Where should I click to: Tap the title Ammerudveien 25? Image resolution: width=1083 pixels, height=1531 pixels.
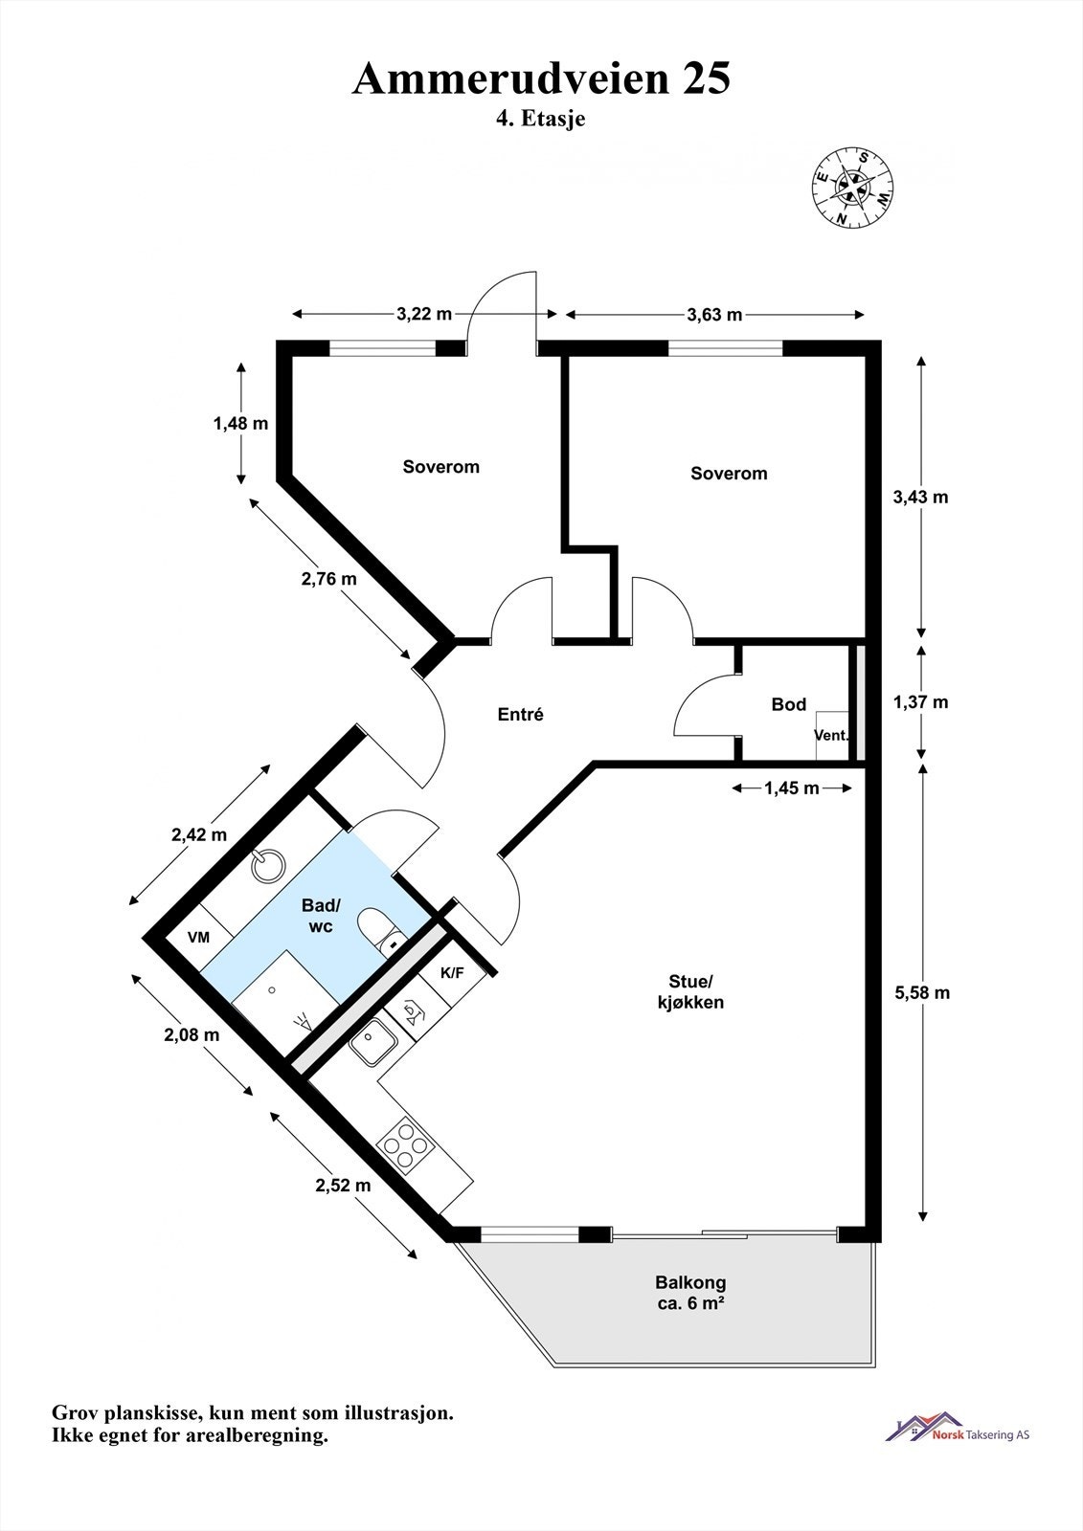pos(541,78)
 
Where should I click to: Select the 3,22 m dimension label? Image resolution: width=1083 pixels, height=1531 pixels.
pos(424,314)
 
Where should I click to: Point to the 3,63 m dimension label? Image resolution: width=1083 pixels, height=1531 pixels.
pos(715,314)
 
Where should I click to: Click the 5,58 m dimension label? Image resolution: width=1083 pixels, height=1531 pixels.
pos(922,992)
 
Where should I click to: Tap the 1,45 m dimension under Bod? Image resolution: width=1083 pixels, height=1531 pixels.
pos(792,788)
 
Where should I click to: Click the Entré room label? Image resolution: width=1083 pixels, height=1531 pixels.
pos(521,714)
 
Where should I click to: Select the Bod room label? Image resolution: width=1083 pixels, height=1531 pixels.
pos(789,704)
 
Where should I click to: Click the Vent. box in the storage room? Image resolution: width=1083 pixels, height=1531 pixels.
pos(830,736)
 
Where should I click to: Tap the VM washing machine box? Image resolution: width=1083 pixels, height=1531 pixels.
pos(198,937)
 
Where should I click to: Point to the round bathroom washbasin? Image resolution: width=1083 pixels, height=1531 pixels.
pos(268,866)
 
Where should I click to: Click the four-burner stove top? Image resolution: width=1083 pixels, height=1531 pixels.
pos(405,1143)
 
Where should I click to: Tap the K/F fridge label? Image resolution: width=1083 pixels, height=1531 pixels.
pos(452,973)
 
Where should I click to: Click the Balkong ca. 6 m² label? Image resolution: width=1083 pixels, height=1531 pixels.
pos(690,1292)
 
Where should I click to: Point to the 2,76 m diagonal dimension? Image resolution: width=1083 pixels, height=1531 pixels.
pos(328,578)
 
